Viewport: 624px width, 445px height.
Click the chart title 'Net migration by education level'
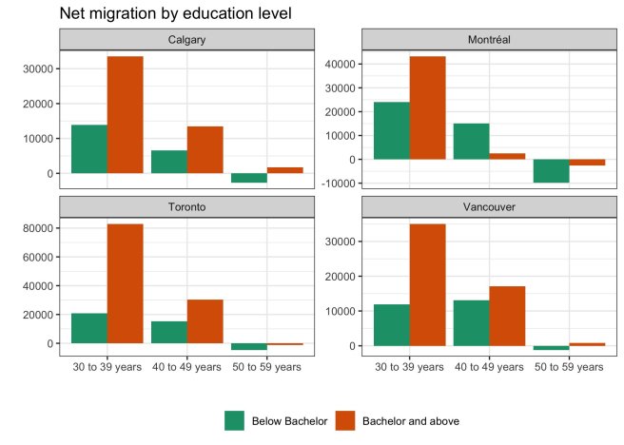pos(175,13)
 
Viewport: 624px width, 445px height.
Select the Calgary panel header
pos(186,40)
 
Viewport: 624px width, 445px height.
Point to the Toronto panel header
pos(186,204)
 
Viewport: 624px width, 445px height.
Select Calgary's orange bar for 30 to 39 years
pos(125,115)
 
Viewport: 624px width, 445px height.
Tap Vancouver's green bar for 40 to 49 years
pos(471,322)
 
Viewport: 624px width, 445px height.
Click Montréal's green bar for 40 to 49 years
pos(471,141)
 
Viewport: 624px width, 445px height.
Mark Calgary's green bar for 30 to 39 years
pos(88,149)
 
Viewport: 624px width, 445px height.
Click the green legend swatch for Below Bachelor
pos(234,420)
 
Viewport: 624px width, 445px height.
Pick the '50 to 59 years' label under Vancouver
pos(568,366)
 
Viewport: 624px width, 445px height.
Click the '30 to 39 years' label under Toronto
pos(107,366)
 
